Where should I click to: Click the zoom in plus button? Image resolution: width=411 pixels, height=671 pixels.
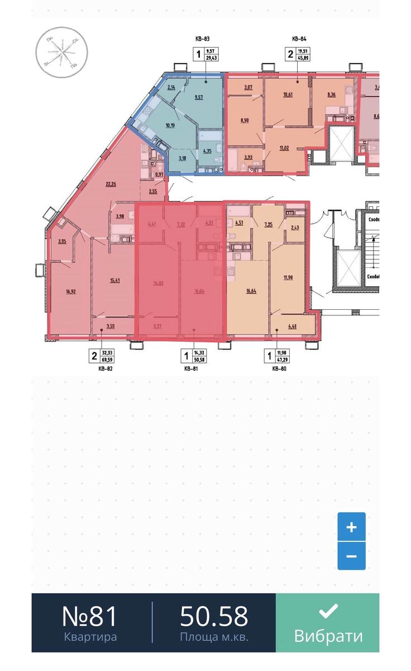pyautogui.click(x=351, y=527)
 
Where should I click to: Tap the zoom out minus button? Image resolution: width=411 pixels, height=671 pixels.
pyautogui.click(x=351, y=556)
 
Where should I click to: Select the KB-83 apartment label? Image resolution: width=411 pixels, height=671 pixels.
pyautogui.click(x=202, y=39)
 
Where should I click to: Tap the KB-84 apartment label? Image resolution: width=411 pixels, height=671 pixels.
pyautogui.click(x=300, y=39)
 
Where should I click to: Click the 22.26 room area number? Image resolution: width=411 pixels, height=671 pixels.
pyautogui.click(x=111, y=184)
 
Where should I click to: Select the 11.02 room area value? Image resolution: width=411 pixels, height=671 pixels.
pyautogui.click(x=285, y=148)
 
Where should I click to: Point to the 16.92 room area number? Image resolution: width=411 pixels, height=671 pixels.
pyautogui.click(x=70, y=291)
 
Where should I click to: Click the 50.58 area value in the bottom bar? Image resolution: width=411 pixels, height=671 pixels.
pyautogui.click(x=214, y=616)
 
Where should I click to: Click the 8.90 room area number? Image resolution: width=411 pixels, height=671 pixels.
pyautogui.click(x=244, y=120)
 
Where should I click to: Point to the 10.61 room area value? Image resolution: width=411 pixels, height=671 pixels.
pyautogui.click(x=288, y=94)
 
